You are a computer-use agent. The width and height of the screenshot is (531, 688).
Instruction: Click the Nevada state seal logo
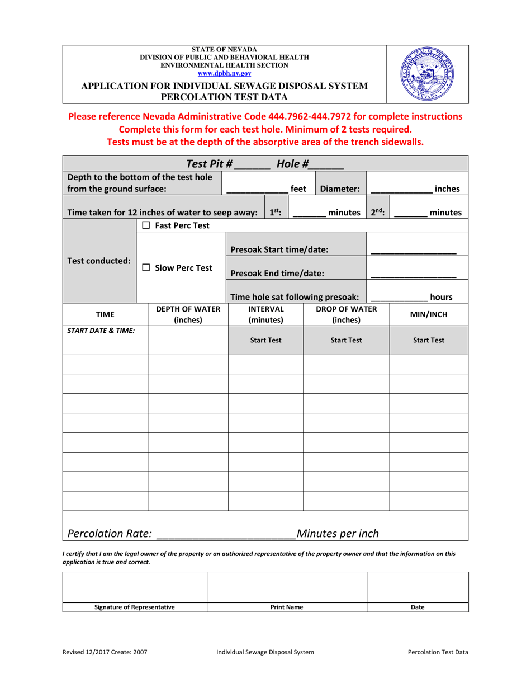point(428,74)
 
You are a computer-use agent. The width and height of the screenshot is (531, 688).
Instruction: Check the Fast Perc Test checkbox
point(146,225)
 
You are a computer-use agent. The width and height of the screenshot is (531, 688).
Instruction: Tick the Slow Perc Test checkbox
point(146,268)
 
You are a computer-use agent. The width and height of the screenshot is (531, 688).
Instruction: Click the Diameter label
point(339,189)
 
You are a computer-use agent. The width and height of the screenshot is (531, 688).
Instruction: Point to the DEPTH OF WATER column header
point(188,315)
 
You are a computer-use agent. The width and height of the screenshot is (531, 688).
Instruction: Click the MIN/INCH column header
point(429,315)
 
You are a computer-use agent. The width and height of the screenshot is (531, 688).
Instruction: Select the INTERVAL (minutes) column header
point(265,315)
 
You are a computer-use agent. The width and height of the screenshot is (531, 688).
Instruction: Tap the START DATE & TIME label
point(101,330)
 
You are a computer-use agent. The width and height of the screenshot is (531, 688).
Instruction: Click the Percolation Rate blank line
point(226,534)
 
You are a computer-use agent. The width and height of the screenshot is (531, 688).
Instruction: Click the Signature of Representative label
point(134,607)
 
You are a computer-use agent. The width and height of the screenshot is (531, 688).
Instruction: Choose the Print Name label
point(287,607)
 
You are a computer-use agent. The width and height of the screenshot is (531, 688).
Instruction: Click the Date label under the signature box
point(418,607)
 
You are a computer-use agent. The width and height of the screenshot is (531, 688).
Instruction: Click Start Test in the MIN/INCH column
point(429,340)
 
